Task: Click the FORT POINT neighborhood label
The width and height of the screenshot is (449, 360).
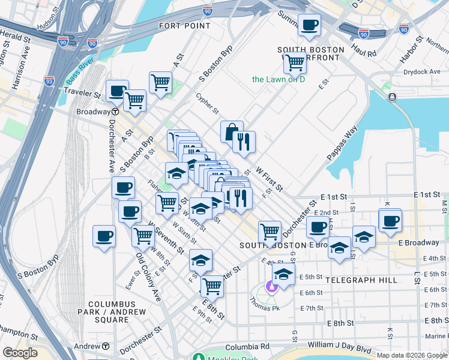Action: tap(184, 26)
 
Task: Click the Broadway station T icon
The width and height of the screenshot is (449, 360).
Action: tap(114, 112)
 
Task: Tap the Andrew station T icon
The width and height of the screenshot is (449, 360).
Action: tap(106, 346)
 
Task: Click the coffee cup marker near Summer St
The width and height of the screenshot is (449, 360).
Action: tap(309, 25)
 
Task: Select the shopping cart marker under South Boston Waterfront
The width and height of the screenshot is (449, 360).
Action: tap(294, 61)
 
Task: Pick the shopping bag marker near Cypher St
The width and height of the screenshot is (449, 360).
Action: tap(231, 131)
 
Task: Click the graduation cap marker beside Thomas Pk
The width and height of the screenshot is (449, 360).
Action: tap(283, 275)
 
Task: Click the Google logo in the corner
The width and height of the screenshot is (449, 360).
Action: tap(19, 352)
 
